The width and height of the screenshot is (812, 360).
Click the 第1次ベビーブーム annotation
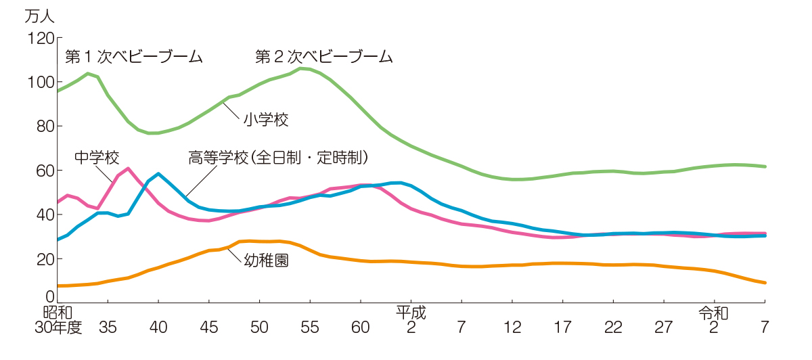[134, 57]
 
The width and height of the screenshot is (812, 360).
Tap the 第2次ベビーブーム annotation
[324, 57]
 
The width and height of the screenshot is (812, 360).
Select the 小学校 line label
[266, 120]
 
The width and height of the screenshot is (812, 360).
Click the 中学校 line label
[97, 158]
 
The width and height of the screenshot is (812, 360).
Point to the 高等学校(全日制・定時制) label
[279, 158]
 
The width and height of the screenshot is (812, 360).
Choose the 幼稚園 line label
[266, 260]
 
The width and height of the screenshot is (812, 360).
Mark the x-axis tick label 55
[310, 328]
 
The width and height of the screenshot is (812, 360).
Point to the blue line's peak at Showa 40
[158, 174]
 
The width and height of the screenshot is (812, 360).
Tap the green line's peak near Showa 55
[301, 68]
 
